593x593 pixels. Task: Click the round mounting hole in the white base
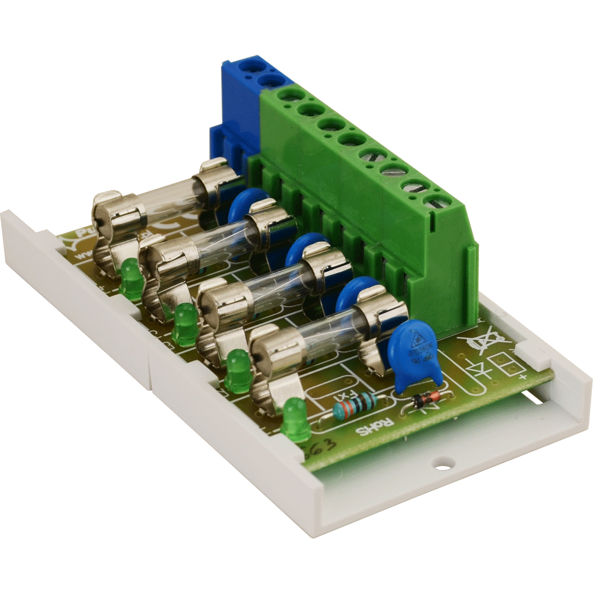click(442, 463)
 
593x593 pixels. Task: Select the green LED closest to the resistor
click(295, 418)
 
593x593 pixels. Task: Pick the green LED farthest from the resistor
click(132, 279)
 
